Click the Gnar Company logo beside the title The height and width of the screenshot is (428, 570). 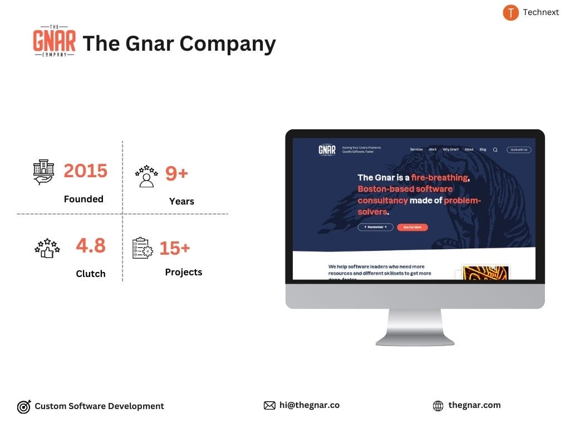click(54, 41)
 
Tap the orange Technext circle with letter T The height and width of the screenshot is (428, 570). click(510, 12)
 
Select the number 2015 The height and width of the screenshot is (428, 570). click(85, 171)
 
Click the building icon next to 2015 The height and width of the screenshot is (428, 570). click(44, 172)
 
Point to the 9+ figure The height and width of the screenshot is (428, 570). click(176, 173)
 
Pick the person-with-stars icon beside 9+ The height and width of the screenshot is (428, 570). click(146, 176)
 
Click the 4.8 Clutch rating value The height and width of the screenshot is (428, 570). click(91, 245)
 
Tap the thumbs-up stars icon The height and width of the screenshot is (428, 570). click(47, 247)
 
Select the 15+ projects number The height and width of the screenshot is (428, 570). click(175, 248)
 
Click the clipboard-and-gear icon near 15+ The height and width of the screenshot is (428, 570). click(142, 249)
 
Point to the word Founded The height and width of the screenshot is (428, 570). click(83, 199)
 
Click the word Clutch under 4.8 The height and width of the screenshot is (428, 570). click(91, 274)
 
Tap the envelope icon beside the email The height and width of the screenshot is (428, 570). click(269, 406)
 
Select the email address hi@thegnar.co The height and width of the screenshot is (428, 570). click(309, 405)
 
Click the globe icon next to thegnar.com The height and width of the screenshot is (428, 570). click(438, 406)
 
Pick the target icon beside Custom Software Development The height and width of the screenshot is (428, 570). click(24, 406)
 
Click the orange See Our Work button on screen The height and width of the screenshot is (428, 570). click(412, 227)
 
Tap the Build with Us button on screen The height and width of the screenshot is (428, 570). click(519, 150)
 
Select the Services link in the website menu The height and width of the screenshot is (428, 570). click(416, 149)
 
